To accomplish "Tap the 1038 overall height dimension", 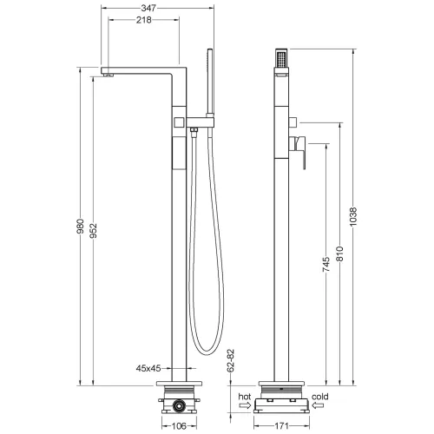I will (x=352, y=220).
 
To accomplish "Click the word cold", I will (x=320, y=396).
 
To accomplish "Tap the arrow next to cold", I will (x=319, y=405).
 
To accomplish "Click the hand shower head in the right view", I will (x=281, y=59).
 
